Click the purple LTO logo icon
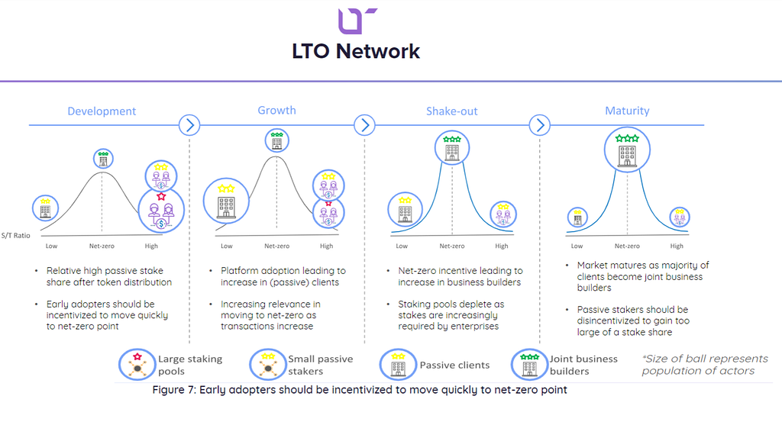point(356,20)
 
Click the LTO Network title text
point(356,52)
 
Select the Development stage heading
point(102,111)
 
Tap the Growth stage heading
point(276,111)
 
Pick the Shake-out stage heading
point(451,111)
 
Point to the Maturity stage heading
point(626,111)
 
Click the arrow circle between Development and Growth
point(189,124)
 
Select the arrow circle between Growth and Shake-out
point(364,124)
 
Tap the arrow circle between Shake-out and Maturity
point(540,124)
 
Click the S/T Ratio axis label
point(17,236)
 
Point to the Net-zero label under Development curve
point(102,246)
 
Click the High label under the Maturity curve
point(677,246)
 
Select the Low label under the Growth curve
point(227,246)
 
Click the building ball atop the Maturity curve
point(627,150)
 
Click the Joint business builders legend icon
point(528,365)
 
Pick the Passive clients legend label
point(454,366)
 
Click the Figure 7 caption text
point(359,390)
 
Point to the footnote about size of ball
point(704,365)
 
